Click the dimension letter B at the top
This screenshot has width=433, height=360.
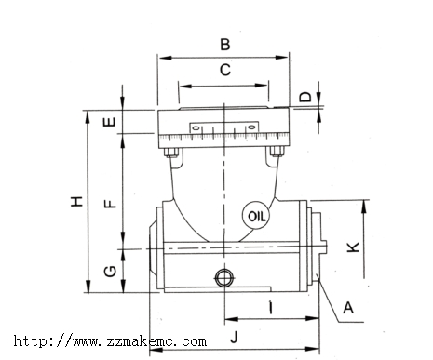[225, 44]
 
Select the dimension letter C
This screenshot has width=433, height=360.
[225, 70]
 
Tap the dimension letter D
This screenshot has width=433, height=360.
[305, 97]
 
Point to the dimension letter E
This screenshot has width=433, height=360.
[109, 122]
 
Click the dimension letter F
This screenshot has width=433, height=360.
[110, 204]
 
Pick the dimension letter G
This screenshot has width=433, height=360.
[110, 272]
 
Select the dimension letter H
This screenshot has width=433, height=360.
[76, 201]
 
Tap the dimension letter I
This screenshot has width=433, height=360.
[271, 307]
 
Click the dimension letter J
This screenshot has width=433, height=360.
[235, 337]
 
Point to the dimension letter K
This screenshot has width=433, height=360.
[353, 247]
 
